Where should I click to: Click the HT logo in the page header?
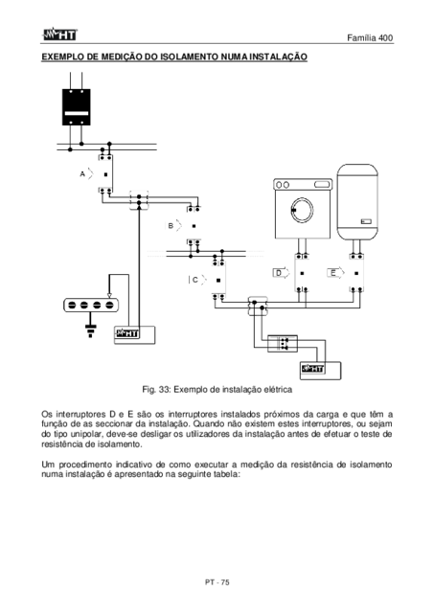click(59, 34)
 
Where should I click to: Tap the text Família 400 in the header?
click(370, 37)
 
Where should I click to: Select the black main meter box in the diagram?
click(77, 107)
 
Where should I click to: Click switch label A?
click(82, 174)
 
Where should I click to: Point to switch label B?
click(171, 226)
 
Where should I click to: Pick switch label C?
click(195, 281)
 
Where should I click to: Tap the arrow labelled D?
click(281, 273)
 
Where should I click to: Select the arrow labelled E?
click(335, 273)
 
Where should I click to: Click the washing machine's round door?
click(302, 211)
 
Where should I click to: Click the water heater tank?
click(357, 202)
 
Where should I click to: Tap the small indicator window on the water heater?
click(366, 222)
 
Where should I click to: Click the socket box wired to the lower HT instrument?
click(283, 344)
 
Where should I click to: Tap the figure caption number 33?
click(164, 390)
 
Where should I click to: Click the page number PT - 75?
click(217, 582)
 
